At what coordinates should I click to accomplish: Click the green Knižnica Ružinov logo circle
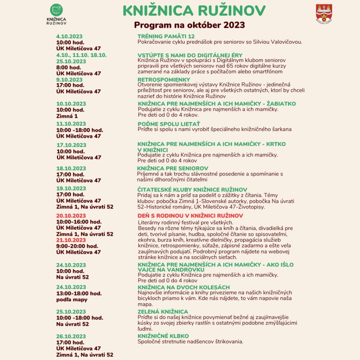(x=56, y=10)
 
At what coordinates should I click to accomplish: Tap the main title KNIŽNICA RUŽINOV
(x=194, y=11)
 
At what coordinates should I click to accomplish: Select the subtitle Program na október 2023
(x=189, y=26)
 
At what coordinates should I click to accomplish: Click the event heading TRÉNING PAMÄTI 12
(x=166, y=37)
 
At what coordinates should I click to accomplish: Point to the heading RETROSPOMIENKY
(x=163, y=79)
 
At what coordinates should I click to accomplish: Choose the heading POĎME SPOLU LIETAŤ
(x=169, y=124)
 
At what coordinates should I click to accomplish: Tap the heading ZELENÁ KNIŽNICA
(x=163, y=312)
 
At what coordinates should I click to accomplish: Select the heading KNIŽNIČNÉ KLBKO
(x=163, y=336)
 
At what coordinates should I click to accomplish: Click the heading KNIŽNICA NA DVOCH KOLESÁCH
(x=184, y=287)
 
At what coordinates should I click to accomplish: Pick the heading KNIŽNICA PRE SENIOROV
(x=173, y=168)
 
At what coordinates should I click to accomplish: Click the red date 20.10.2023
(x=71, y=216)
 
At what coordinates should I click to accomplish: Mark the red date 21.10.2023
(x=71, y=240)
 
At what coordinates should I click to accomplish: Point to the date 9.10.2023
(x=70, y=80)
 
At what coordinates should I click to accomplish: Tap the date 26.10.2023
(x=71, y=336)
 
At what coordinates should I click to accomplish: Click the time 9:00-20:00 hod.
(x=77, y=246)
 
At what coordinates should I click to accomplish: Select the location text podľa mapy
(x=72, y=300)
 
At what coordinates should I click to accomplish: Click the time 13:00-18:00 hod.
(x=79, y=294)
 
